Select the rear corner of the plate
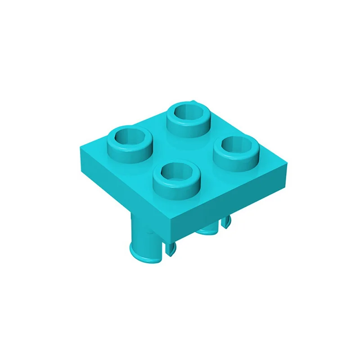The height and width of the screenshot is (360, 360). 193,100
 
